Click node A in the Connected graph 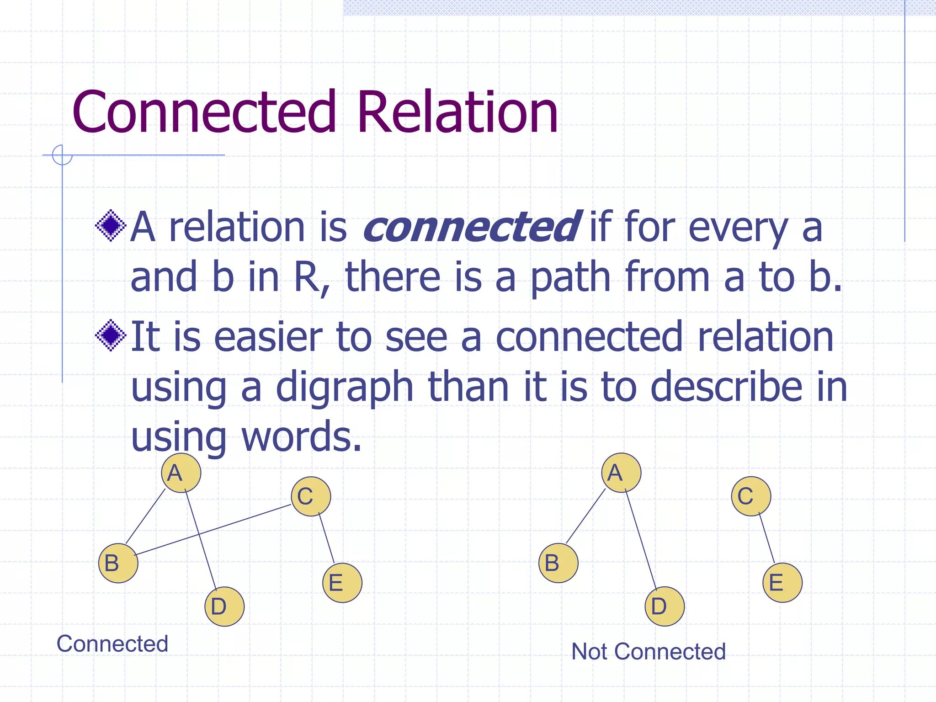coord(181,473)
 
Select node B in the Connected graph coord(118,563)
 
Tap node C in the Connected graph coord(311,496)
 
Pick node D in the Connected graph coord(224,606)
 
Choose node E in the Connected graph coord(342,583)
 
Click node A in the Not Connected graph coord(621,473)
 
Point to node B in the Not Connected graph coord(558,563)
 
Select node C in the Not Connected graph coord(751,496)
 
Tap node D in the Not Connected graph coord(665,606)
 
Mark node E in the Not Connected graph coord(782,583)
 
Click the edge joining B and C coord(213,530)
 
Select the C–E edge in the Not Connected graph coord(767,538)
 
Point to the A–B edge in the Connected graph coord(145,516)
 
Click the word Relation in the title coord(457,112)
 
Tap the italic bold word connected coord(472,227)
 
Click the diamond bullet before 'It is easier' coord(111,335)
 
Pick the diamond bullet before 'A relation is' coord(111,225)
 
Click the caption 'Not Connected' coord(648,651)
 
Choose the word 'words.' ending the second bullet coord(302,436)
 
